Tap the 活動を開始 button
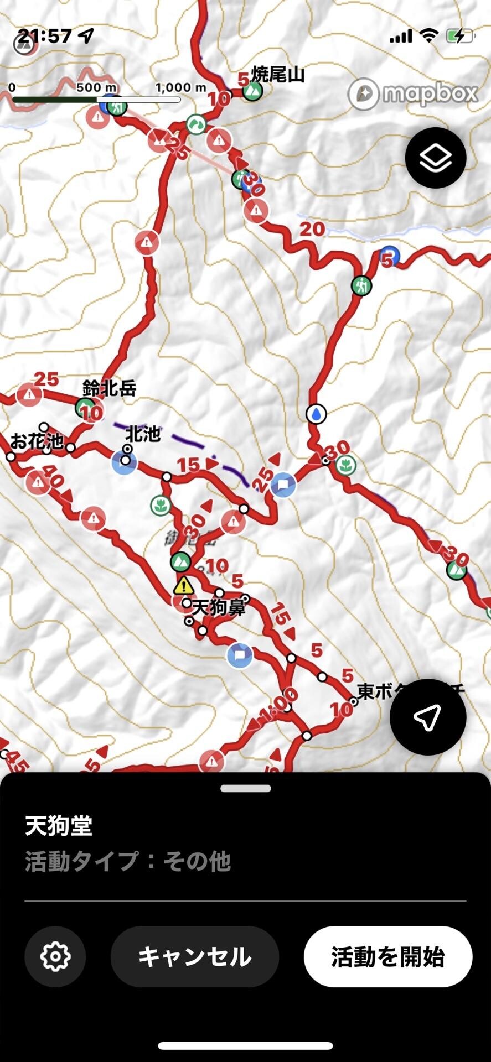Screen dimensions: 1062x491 pyautogui.click(x=387, y=956)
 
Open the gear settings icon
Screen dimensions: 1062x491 pyautogui.click(x=55, y=956)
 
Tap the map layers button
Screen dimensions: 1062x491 pyautogui.click(x=435, y=158)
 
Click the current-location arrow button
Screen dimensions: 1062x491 pyautogui.click(x=427, y=717)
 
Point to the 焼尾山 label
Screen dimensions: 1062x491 pyautogui.click(x=278, y=75)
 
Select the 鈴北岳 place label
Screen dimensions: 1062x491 pyautogui.click(x=109, y=388)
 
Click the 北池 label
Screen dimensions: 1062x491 pyautogui.click(x=143, y=434)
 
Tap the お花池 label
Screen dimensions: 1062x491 pyautogui.click(x=37, y=441)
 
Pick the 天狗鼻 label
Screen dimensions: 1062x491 pyautogui.click(x=218, y=608)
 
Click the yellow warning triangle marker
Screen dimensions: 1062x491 pyautogui.click(x=183, y=585)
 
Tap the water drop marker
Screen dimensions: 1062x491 pyautogui.click(x=316, y=413)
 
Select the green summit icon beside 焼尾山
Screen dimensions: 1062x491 pyautogui.click(x=253, y=91)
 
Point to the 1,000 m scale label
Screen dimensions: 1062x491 pyautogui.click(x=180, y=87)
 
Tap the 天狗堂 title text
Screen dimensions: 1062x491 pyautogui.click(x=58, y=826)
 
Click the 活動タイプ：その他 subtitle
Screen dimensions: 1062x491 pyautogui.click(x=127, y=861)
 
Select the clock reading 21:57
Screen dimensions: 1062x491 pyautogui.click(x=45, y=37)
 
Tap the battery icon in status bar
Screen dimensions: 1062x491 pyautogui.click(x=459, y=37)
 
